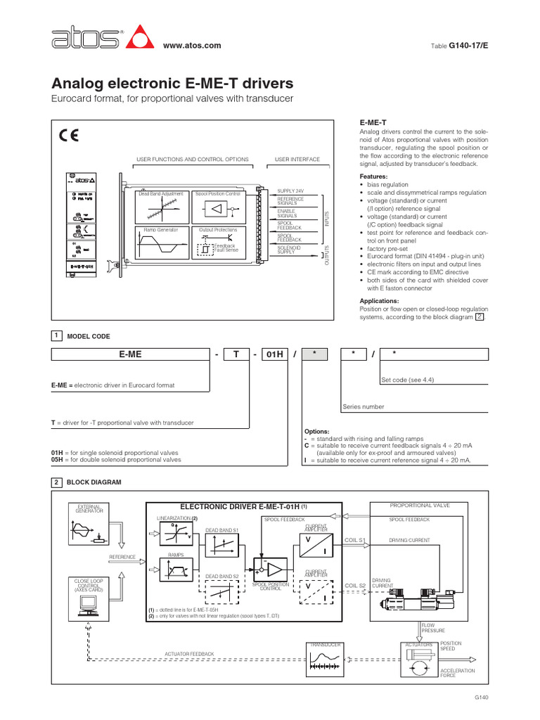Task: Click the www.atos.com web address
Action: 192,46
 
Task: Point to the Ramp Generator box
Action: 161,245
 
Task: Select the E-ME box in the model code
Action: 130,354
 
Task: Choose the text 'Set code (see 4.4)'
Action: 408,380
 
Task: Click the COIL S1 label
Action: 355,540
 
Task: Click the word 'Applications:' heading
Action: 380,301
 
